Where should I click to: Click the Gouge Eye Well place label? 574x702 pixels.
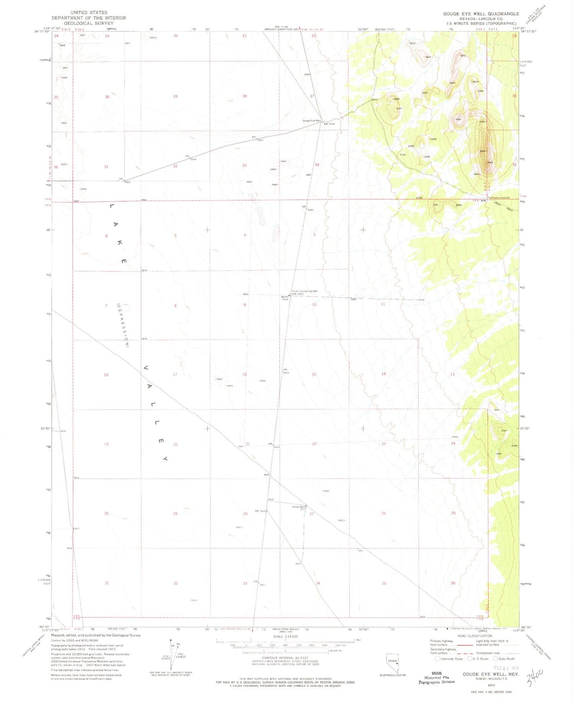(x=311, y=121)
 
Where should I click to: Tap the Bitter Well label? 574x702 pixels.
(x=299, y=507)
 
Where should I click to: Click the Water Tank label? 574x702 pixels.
(x=285, y=298)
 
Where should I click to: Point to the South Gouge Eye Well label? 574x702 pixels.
(x=304, y=291)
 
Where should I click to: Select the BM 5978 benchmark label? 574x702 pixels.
(x=329, y=124)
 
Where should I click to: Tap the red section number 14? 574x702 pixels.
(x=383, y=374)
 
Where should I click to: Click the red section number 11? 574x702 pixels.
(x=383, y=304)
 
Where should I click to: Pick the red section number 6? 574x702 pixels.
(x=107, y=236)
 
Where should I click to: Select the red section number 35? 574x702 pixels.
(x=384, y=583)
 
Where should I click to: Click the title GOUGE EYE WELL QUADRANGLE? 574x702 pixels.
(x=481, y=14)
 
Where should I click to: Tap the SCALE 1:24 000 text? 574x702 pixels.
(x=285, y=637)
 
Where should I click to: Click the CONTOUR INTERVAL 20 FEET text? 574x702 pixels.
(x=285, y=658)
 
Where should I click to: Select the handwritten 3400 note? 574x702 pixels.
(x=535, y=679)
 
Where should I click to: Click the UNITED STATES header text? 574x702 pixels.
(x=89, y=12)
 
